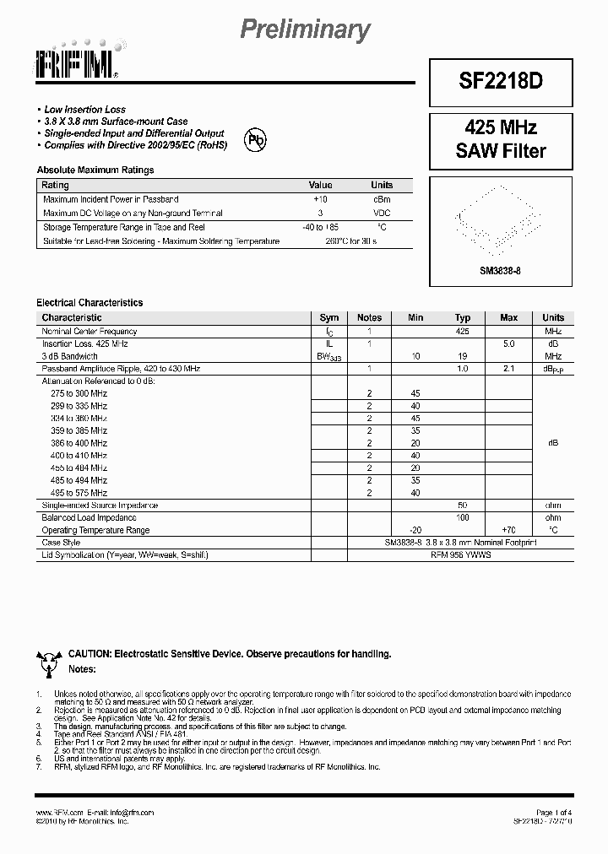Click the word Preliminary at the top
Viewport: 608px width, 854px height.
(x=305, y=30)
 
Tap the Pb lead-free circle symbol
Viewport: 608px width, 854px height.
(x=255, y=140)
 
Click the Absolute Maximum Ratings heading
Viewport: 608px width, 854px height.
(x=95, y=170)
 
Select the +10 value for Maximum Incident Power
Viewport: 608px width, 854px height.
(x=321, y=199)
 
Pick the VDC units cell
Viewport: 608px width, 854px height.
(x=382, y=213)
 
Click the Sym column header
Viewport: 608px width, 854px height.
(x=329, y=318)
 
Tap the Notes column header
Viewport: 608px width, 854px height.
(x=369, y=318)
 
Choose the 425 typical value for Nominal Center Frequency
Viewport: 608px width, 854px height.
(x=463, y=332)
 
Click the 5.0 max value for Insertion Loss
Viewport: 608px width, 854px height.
(x=508, y=344)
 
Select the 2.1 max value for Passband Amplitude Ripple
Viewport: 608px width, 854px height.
(x=508, y=370)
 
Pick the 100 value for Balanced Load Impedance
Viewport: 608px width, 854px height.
(x=463, y=517)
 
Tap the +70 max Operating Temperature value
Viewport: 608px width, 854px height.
(x=508, y=530)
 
